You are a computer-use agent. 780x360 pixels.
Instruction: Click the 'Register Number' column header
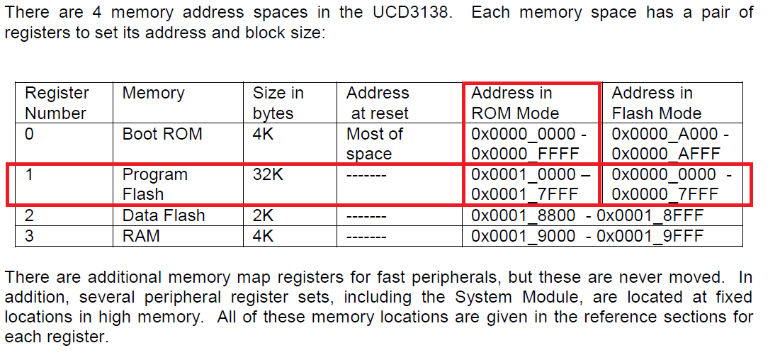click(57, 103)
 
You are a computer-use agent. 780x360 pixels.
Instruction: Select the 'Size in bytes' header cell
click(278, 103)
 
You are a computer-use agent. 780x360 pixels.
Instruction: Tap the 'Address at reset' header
click(377, 103)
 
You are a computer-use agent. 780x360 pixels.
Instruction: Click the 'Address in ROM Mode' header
click(515, 103)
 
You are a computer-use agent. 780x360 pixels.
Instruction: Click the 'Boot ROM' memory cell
click(162, 134)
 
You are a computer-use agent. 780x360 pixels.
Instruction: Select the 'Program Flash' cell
click(154, 184)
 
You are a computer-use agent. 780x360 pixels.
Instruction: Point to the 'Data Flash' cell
click(163, 215)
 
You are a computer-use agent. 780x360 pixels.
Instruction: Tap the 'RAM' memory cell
click(140, 236)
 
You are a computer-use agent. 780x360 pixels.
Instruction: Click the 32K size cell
click(268, 174)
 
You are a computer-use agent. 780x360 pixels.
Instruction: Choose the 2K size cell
click(263, 215)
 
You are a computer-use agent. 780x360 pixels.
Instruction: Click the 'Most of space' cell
click(374, 144)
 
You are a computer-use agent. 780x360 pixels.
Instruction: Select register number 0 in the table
click(29, 134)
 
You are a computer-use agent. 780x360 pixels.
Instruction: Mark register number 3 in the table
click(29, 236)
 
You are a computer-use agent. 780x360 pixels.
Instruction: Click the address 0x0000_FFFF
click(525, 154)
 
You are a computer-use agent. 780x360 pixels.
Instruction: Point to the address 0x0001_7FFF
click(525, 194)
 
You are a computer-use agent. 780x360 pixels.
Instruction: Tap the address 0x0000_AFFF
click(665, 154)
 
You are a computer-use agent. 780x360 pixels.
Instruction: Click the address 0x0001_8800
click(523, 215)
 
